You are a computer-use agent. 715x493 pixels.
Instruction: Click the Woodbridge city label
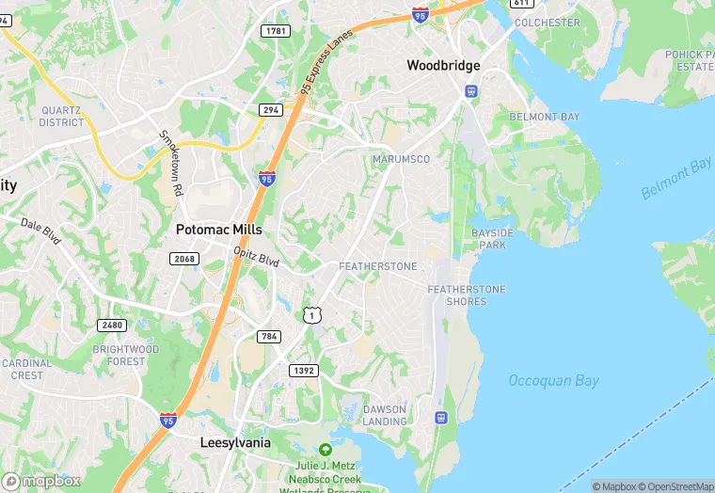click(443, 66)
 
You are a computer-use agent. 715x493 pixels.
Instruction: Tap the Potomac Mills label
click(219, 230)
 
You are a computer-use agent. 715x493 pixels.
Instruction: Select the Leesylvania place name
click(235, 442)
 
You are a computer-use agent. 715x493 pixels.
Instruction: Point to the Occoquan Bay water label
click(554, 381)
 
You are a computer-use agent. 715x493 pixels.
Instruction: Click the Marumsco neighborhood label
click(401, 159)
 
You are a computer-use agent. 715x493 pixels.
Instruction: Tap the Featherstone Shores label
click(467, 295)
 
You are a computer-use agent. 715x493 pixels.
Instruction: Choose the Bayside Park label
click(493, 238)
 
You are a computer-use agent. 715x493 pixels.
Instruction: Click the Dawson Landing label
click(384, 416)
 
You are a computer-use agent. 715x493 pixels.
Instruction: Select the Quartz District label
click(62, 117)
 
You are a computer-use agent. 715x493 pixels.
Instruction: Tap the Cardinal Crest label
click(27, 369)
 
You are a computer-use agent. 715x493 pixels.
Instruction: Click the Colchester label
click(548, 23)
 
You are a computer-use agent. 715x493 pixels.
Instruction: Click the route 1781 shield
click(276, 31)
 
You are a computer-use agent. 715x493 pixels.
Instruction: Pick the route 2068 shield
click(183, 259)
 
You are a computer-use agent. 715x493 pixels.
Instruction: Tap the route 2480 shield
click(111, 325)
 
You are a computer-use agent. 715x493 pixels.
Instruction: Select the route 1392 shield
click(304, 371)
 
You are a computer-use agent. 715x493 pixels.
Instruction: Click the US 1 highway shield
click(312, 315)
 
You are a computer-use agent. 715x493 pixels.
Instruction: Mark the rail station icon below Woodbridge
click(469, 92)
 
